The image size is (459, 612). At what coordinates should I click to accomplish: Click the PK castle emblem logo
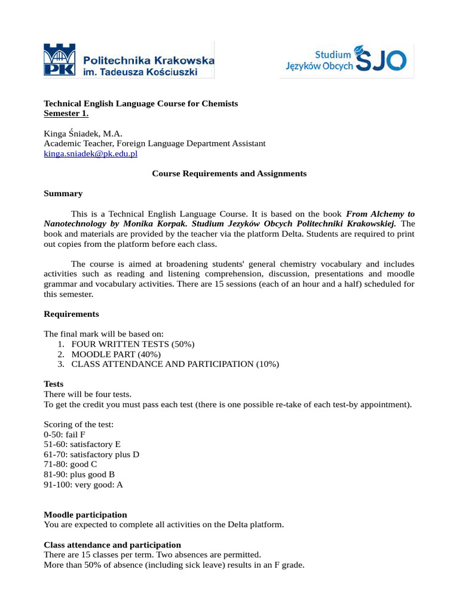click(x=60, y=60)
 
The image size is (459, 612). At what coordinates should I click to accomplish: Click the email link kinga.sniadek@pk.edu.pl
click(x=91, y=154)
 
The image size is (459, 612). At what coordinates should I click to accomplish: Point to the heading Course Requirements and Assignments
click(x=229, y=173)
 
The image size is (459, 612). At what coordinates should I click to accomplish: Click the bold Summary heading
click(x=63, y=194)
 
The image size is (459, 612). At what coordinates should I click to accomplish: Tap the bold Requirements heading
click(x=72, y=314)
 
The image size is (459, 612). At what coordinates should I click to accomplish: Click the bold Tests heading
click(x=54, y=384)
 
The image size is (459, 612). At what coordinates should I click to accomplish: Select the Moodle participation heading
click(x=85, y=515)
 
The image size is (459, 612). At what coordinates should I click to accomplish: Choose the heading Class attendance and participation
click(x=112, y=544)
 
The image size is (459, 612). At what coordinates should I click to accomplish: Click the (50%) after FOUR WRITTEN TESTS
click(x=183, y=344)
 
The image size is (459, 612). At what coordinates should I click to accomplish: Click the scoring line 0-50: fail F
click(x=65, y=434)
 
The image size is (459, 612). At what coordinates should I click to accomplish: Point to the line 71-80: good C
click(x=71, y=464)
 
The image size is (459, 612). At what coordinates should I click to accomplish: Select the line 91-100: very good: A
click(x=84, y=485)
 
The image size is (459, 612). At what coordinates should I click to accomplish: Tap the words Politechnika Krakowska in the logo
click(x=148, y=60)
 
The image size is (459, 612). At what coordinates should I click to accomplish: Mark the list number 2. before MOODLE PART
click(x=61, y=354)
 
